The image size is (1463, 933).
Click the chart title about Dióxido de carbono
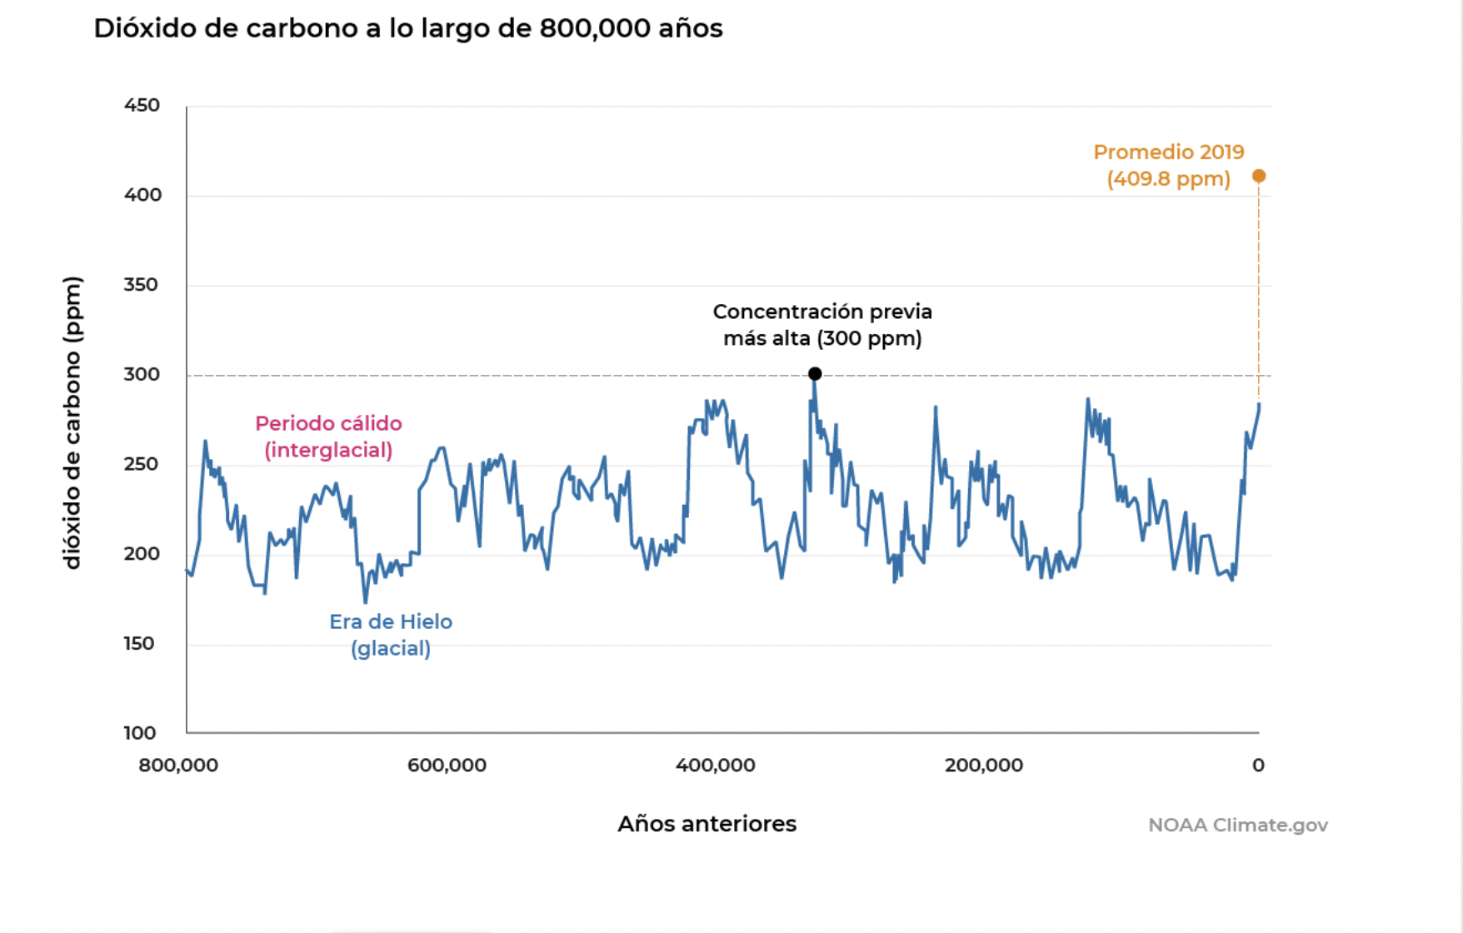[407, 28]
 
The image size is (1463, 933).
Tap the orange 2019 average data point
[1259, 176]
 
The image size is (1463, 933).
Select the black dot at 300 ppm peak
[815, 374]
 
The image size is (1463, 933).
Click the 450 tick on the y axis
[142, 106]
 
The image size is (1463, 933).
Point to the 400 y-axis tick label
[142, 195]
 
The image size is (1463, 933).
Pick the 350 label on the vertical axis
[141, 285]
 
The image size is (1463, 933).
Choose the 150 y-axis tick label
[139, 644]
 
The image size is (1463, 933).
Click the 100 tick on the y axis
[139, 733]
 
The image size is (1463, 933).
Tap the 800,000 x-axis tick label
[178, 765]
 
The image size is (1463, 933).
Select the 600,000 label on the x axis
[447, 765]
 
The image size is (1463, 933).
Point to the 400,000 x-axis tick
[715, 765]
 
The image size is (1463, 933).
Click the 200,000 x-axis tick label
[983, 765]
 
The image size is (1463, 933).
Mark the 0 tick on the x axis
[1258, 765]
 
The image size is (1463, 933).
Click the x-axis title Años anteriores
[707, 824]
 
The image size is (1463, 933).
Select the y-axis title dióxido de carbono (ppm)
[72, 423]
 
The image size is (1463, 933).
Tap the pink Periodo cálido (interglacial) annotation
[328, 437]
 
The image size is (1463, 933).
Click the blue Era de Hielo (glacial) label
[391, 635]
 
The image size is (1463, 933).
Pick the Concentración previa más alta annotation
[822, 325]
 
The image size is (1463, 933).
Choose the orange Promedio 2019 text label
[1168, 165]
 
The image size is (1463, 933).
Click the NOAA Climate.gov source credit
[1237, 825]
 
